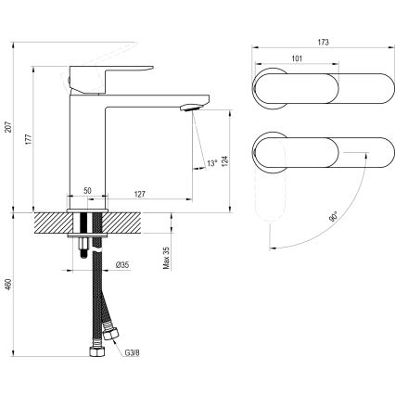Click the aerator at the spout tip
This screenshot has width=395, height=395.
tap(190, 108)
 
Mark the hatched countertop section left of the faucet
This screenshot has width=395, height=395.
tap(51, 223)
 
